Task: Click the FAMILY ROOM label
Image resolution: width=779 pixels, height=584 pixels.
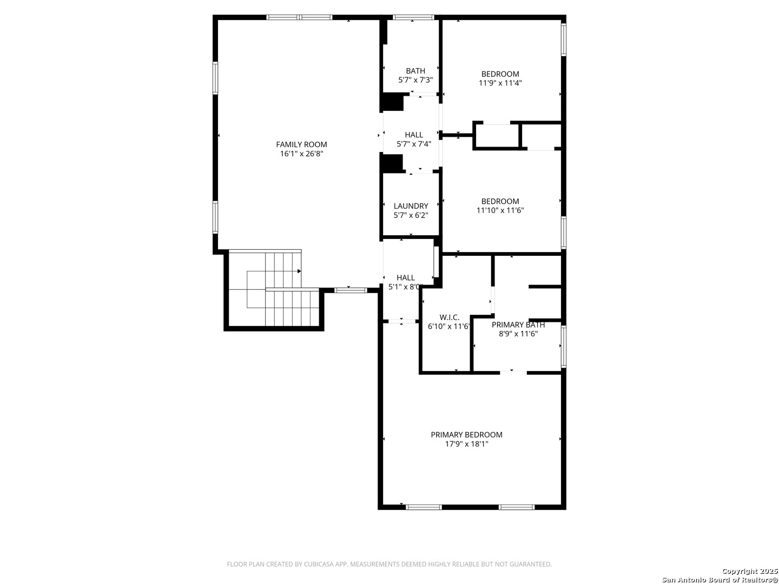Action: tap(301, 144)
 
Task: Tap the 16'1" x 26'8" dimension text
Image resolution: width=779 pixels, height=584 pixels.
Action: tap(302, 154)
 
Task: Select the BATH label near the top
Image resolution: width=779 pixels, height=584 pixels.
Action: tap(415, 71)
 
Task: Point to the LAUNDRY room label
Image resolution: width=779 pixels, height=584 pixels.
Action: tap(411, 206)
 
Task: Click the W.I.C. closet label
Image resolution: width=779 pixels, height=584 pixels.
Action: tap(450, 317)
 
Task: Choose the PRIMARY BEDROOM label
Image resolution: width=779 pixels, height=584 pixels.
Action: tap(466, 435)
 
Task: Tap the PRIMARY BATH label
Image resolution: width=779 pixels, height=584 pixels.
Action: tap(518, 325)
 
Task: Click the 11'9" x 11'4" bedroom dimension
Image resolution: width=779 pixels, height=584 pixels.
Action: tap(500, 83)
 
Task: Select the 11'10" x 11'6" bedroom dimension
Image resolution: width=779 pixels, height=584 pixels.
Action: tap(500, 210)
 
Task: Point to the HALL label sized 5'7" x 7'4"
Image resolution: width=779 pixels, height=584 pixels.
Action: tap(414, 135)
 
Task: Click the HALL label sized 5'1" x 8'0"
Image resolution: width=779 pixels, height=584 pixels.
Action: tap(405, 277)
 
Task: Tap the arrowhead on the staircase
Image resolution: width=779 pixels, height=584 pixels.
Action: tap(299, 271)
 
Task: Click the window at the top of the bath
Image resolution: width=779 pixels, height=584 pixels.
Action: tap(413, 17)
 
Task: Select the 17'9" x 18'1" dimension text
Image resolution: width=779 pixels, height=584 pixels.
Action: tap(467, 444)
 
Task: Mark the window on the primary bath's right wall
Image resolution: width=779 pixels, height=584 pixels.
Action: tap(563, 347)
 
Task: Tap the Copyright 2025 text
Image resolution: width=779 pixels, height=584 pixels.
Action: tap(749, 571)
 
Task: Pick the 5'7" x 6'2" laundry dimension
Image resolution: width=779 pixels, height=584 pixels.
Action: tap(411, 215)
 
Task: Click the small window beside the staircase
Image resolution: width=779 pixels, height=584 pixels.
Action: tap(351, 290)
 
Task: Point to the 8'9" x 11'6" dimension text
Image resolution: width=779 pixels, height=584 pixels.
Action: tap(518, 334)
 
